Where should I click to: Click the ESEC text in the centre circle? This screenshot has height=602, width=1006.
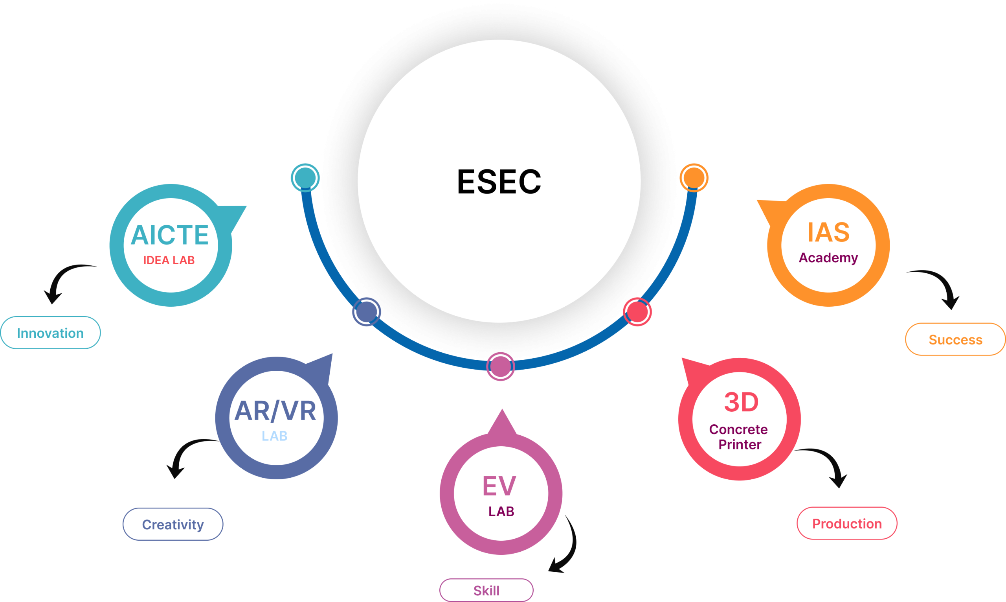499,182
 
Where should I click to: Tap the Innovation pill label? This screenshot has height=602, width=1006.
50,333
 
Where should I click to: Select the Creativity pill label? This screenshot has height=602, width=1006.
173,525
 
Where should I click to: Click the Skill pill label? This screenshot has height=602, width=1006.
486,591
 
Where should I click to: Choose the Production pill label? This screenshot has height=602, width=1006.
847,524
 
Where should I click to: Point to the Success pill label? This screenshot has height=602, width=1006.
955,340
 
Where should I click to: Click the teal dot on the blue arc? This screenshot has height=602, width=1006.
305,178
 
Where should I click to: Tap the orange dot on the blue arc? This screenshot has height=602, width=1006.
694,178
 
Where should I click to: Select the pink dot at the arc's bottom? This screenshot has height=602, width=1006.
500,366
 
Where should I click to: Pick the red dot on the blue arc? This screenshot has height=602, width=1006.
637,311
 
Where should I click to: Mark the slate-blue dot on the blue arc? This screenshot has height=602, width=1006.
366,311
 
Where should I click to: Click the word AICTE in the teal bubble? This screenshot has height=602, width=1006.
170,235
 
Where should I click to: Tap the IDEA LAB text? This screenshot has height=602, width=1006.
169,260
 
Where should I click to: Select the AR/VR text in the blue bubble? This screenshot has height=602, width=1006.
275,411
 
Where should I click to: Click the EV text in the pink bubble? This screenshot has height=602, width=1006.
499,486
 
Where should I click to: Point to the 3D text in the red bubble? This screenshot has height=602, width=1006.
741,402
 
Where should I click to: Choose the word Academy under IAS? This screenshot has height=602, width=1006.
828,258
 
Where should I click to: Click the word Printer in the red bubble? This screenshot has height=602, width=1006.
740,445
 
